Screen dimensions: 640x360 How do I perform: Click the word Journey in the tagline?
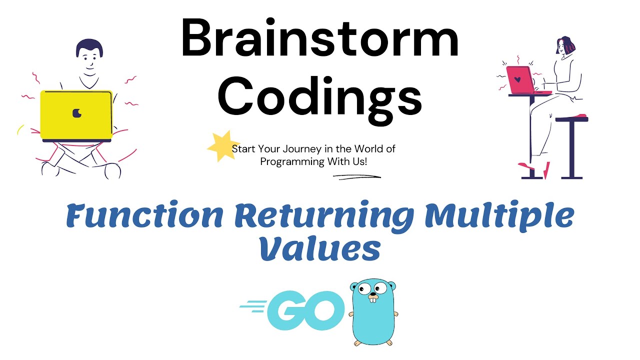coord(299,149)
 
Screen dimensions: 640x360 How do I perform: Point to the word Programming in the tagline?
coord(292,162)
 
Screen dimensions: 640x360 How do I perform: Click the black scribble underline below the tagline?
coord(357,177)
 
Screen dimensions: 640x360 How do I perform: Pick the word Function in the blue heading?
coord(144,215)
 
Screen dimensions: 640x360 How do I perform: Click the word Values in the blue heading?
coord(320,248)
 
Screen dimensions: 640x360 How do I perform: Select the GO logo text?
coord(305,310)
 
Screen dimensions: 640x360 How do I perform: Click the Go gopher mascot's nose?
coord(373,294)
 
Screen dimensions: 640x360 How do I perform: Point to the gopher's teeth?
coord(373,299)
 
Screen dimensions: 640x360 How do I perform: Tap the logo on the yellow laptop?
coord(77,113)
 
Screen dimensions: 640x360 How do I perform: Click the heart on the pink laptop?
coord(517,79)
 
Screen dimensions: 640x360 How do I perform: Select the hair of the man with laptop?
coord(89,46)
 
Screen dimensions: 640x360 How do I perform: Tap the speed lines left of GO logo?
coord(253,306)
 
